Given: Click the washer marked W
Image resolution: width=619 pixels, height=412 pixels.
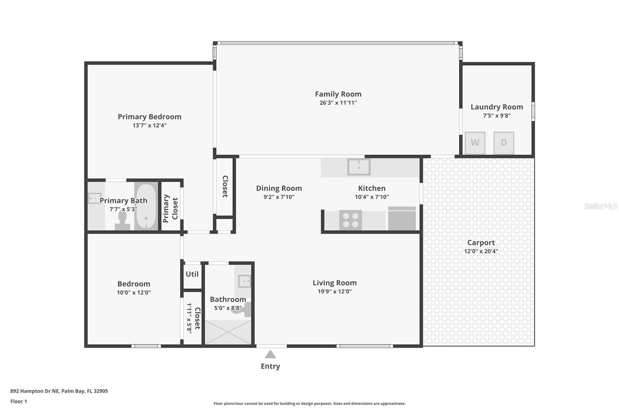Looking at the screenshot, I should pyautogui.click(x=475, y=143).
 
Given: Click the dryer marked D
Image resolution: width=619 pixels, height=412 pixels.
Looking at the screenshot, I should pyautogui.click(x=503, y=143).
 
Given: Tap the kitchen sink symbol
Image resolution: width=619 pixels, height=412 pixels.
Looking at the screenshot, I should pyautogui.click(x=359, y=167).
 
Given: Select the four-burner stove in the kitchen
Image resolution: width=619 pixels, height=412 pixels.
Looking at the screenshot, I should pyautogui.click(x=351, y=220).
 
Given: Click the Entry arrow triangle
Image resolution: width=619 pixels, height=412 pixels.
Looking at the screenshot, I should pyautogui.click(x=270, y=354).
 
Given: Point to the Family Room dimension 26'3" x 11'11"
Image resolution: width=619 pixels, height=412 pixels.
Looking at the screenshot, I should pyautogui.click(x=338, y=103).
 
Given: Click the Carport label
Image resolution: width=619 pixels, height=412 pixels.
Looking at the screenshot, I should pyautogui.click(x=481, y=243).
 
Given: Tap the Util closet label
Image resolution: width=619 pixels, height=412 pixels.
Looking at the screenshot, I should pyautogui.click(x=192, y=274).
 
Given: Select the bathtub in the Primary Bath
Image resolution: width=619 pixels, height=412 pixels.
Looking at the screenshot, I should pyautogui.click(x=146, y=207).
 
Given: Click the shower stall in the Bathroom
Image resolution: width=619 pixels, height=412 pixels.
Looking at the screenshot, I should pyautogui.click(x=227, y=332).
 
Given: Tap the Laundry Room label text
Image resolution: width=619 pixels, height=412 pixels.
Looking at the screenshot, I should pyautogui.click(x=496, y=107).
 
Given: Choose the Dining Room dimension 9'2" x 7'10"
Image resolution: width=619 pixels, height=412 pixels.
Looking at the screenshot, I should pyautogui.click(x=279, y=197).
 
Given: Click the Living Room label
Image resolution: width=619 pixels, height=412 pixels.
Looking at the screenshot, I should pyautogui.click(x=334, y=283).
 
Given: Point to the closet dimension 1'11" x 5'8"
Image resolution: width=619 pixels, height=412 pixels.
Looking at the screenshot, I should pyautogui.click(x=189, y=318).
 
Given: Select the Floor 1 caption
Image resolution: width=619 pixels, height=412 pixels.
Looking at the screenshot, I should pyautogui.click(x=19, y=402).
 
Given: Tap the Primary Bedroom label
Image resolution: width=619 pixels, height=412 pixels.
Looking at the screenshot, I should pyautogui.click(x=149, y=117).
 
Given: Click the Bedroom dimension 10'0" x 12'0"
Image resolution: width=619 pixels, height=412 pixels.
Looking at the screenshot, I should pyautogui.click(x=133, y=293).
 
